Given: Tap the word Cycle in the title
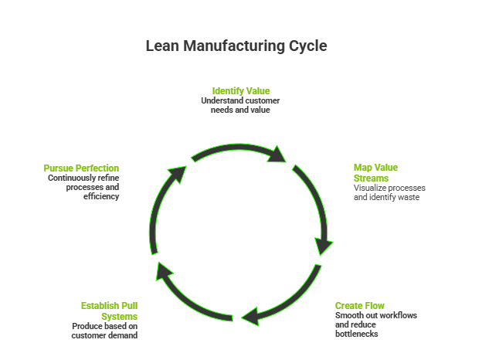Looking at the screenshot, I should pos(308,46).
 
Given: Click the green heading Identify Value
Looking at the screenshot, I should pos(240,91).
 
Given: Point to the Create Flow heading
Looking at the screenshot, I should pos(359,305).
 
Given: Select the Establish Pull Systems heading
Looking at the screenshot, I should pos(109,311).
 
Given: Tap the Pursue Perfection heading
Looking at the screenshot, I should pos(81,168).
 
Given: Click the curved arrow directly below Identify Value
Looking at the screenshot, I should pos(239,151).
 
